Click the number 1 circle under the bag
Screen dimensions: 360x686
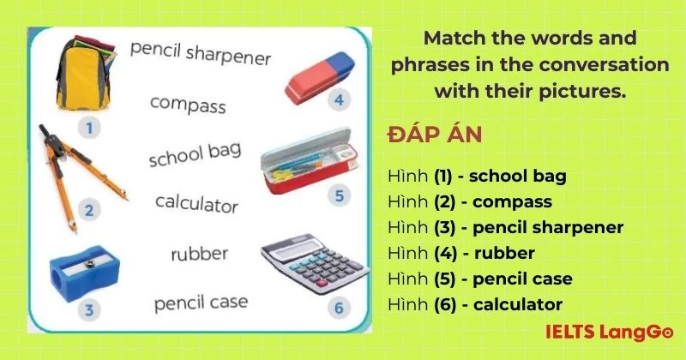89,129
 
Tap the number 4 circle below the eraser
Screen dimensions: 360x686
340,100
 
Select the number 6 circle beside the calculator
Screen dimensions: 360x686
339,307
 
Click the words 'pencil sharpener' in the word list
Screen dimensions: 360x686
201,53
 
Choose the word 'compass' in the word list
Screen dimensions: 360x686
188,105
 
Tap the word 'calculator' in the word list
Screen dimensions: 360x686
196,204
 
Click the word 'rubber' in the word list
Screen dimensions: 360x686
199,254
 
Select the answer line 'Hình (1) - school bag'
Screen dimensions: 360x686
477,177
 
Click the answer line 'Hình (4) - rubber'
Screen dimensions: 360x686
461,253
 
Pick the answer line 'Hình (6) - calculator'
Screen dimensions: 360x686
475,303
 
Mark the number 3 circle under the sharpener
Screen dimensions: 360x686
89,309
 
